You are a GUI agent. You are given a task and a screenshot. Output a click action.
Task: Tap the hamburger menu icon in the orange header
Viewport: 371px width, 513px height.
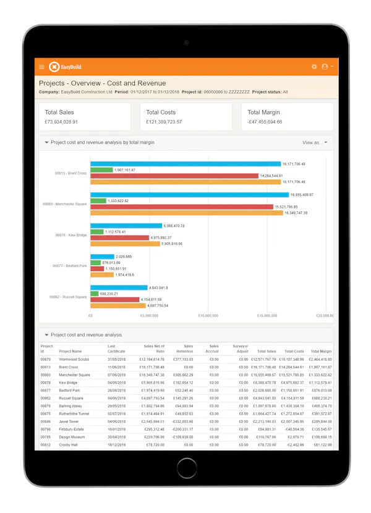[x=41, y=67]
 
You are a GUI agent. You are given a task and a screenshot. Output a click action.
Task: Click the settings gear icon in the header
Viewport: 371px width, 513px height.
[x=314, y=67]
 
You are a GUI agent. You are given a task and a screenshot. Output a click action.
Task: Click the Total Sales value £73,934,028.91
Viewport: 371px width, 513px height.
[x=69, y=122]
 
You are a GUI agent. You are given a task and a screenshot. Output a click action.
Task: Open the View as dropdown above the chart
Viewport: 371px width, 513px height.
[x=315, y=142]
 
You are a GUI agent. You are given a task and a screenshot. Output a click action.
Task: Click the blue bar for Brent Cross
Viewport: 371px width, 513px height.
[x=185, y=164]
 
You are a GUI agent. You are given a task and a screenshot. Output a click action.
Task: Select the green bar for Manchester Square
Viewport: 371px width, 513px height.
[x=98, y=201]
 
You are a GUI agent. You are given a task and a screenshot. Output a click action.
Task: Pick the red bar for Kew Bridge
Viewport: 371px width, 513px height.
[x=119, y=237]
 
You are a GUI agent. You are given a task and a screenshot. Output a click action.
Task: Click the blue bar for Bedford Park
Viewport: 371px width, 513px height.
[x=102, y=256]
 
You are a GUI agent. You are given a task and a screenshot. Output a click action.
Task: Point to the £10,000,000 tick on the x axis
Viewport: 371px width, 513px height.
[x=208, y=315]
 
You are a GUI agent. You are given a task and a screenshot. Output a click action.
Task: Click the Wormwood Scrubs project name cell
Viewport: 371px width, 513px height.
[x=74, y=359]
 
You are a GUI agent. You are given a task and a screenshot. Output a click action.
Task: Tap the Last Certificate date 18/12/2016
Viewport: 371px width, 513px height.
[x=117, y=444]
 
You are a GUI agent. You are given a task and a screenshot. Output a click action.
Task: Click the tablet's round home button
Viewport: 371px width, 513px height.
[x=185, y=466]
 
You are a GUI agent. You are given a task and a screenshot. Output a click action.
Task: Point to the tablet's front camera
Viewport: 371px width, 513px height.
[x=185, y=43]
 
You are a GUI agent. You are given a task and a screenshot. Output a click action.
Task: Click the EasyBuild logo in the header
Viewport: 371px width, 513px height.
[x=65, y=67]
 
